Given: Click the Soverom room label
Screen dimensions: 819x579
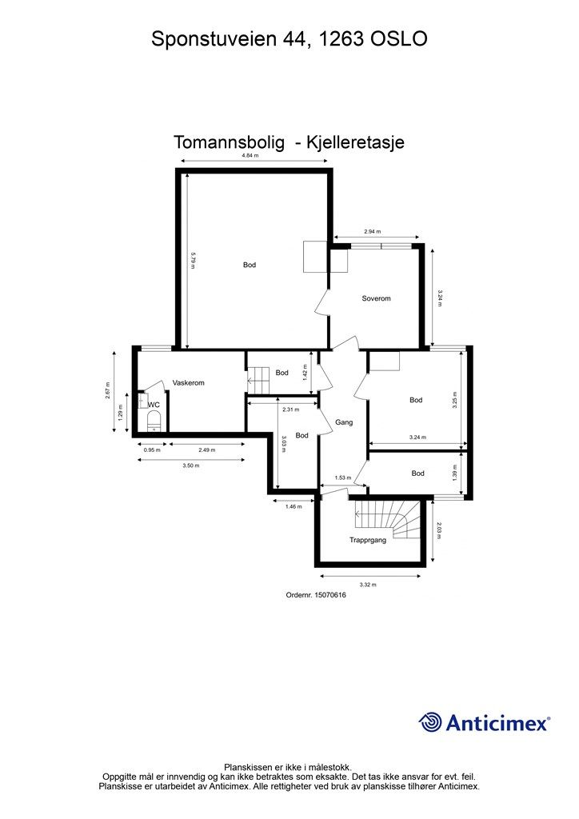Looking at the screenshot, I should (x=375, y=298).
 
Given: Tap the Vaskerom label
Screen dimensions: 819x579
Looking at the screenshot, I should (x=189, y=383).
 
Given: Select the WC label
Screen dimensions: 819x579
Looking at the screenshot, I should (x=153, y=405).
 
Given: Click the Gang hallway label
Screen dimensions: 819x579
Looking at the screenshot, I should (x=344, y=421).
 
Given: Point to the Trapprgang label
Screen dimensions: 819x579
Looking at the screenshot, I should (x=368, y=541).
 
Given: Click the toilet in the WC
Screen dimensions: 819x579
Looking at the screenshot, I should (x=153, y=421).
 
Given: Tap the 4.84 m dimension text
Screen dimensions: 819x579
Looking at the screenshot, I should (x=250, y=156).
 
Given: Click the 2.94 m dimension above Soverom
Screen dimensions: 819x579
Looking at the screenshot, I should (x=372, y=231).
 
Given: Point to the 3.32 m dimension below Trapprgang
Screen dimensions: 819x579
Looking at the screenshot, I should (x=368, y=585).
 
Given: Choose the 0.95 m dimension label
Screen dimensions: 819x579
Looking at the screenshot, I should (x=152, y=449).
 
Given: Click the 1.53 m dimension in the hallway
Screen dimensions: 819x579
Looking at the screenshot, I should (x=343, y=477).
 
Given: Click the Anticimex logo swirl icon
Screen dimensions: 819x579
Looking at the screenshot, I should (x=431, y=722).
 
